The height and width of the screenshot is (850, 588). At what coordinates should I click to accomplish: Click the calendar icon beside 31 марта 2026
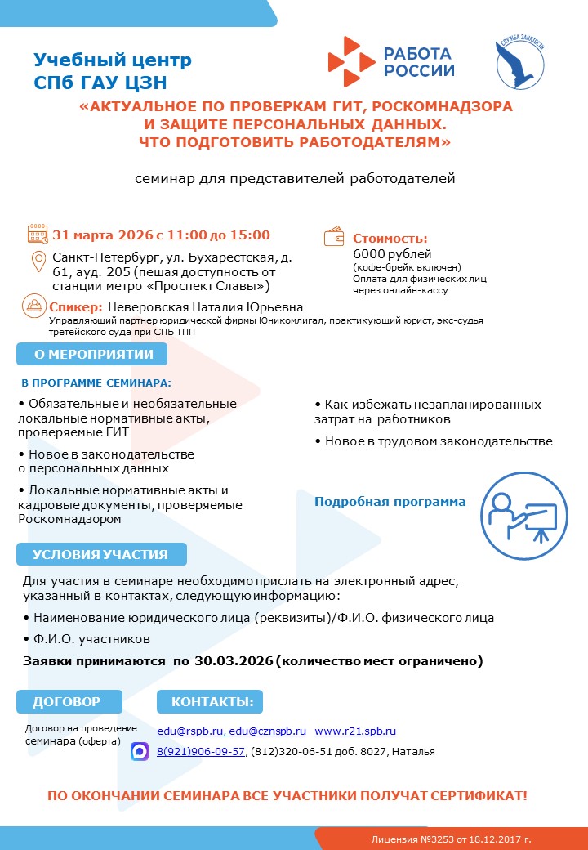(x=38, y=234)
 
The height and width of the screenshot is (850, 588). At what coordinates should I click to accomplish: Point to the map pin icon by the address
(x=38, y=262)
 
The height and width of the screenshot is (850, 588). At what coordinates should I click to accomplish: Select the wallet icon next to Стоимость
(x=335, y=236)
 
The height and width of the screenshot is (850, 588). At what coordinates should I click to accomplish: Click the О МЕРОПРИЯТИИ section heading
(x=91, y=355)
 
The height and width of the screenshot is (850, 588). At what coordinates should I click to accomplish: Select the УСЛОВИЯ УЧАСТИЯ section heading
(x=100, y=554)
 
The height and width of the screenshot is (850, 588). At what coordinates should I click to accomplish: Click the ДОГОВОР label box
(x=69, y=701)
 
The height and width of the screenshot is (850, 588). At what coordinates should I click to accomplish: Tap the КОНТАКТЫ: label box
(x=211, y=701)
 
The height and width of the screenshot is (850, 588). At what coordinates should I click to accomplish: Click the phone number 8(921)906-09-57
(x=201, y=751)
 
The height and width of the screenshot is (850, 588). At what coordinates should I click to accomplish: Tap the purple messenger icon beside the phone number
(x=140, y=751)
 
